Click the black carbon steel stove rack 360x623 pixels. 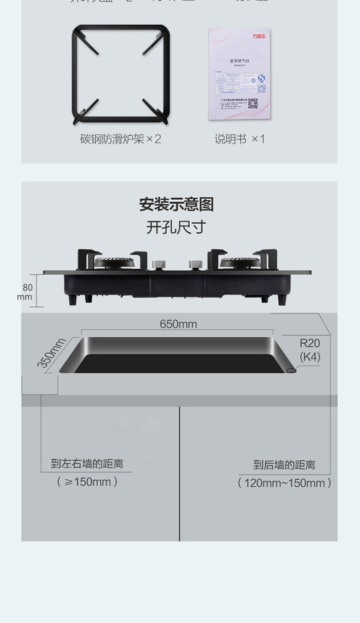[121, 74]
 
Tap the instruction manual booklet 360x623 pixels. [239, 74]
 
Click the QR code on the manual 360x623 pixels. [253, 103]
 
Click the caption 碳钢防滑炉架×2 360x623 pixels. [121, 139]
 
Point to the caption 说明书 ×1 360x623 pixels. [240, 139]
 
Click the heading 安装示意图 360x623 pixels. [176, 205]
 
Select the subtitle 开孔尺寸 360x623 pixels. [176, 227]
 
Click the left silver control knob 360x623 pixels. [158, 265]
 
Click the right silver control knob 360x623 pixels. [195, 265]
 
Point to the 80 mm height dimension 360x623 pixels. [27, 292]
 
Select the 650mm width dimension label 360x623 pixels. [178, 324]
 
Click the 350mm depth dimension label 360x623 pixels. [51, 353]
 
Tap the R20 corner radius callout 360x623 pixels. [310, 343]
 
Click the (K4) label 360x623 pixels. [310, 357]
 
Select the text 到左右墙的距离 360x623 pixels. [87, 464]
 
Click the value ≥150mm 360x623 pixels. [87, 482]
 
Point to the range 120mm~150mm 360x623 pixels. [284, 483]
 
